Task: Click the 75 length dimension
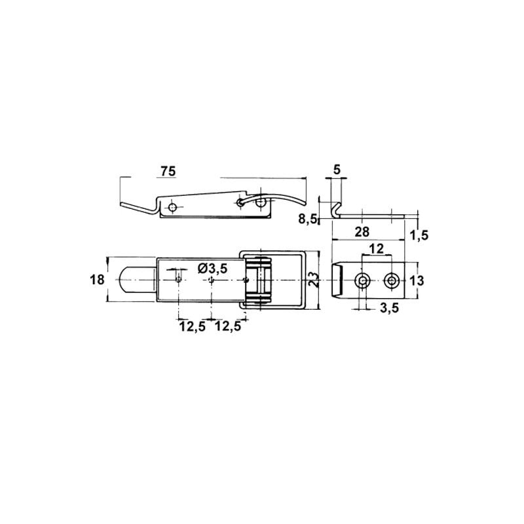click(168, 171)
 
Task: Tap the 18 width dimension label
click(97, 280)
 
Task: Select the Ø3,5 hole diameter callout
click(212, 268)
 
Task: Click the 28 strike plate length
click(362, 232)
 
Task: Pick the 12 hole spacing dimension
click(376, 248)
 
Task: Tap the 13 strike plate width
click(417, 281)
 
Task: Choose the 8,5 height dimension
click(307, 220)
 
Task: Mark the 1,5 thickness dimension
click(419, 235)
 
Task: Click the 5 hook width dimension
click(337, 170)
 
